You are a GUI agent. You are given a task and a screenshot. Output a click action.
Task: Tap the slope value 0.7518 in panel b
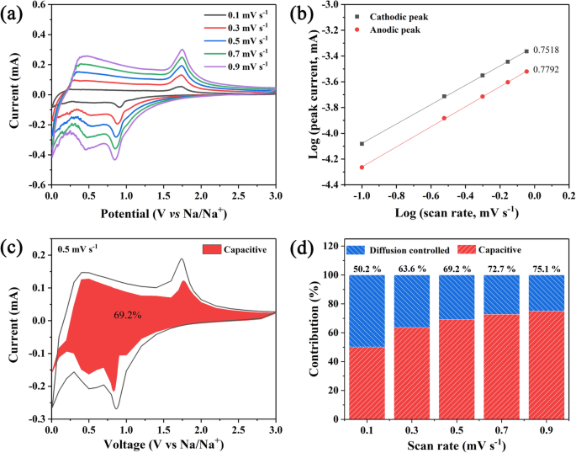(x=547, y=51)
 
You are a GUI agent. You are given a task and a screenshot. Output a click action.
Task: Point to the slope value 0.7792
(x=547, y=72)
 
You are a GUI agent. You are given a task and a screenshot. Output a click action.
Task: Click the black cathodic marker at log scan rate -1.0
(x=362, y=144)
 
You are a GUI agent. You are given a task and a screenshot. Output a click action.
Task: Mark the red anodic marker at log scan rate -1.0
(x=362, y=167)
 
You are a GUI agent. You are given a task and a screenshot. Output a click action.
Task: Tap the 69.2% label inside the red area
(x=128, y=314)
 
